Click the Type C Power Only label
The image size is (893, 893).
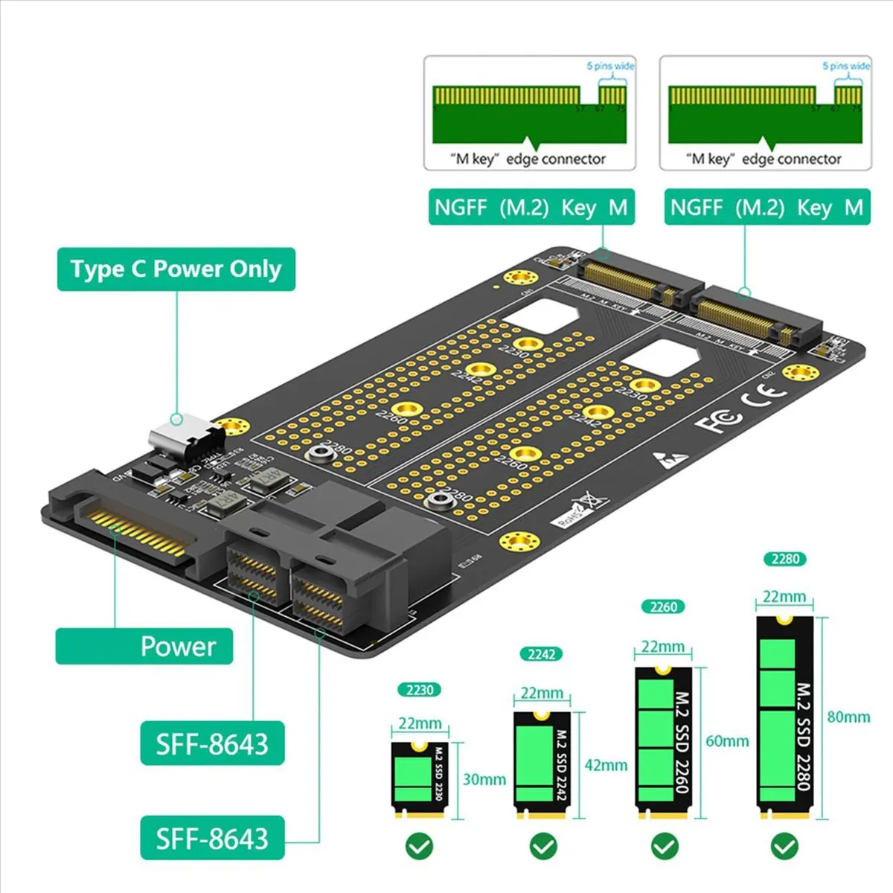176,269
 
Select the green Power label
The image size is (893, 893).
144,646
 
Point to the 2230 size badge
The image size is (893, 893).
420,690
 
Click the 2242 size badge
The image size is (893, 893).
542,654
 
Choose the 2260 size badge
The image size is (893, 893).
663,606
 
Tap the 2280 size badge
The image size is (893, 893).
785,559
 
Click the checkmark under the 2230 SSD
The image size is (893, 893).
420,845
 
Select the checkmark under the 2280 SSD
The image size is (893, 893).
784,845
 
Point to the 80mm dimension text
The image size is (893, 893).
848,717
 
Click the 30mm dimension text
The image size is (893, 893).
484,779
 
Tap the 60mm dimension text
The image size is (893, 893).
727,741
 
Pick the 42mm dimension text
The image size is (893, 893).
606,765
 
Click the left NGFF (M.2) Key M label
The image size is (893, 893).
531,207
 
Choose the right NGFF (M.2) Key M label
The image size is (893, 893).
766,207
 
